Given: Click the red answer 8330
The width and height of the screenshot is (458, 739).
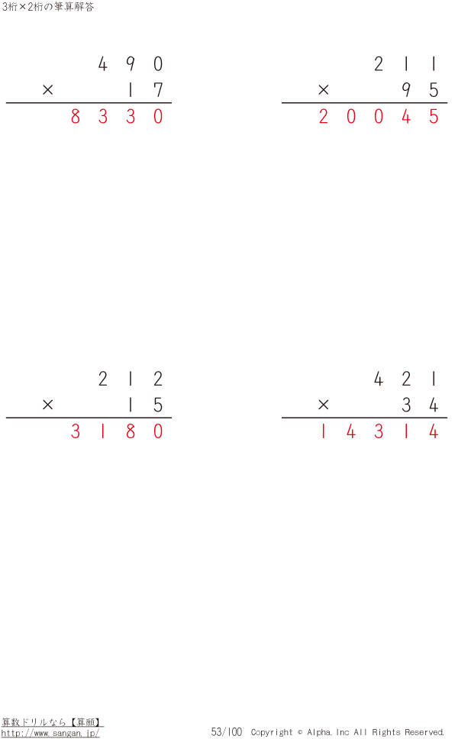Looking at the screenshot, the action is [117, 116].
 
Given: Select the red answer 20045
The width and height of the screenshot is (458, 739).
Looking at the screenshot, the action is [379, 116].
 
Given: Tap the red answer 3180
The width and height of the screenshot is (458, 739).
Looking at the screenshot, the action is [117, 431].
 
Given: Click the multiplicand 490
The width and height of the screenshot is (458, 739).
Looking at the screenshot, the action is [131, 63].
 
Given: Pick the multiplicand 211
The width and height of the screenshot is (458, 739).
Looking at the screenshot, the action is [405, 63].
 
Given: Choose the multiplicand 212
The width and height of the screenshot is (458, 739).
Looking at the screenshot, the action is [131, 379].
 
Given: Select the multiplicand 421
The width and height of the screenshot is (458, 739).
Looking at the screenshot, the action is [405, 379].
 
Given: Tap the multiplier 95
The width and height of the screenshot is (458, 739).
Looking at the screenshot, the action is [421, 90].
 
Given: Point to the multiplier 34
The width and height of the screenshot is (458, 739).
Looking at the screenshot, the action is [421, 405].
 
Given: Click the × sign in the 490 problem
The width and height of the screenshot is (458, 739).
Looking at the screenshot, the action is [47, 89].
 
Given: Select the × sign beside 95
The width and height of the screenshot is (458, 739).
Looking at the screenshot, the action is [323, 89].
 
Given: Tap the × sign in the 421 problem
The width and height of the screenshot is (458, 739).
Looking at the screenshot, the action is [323, 405].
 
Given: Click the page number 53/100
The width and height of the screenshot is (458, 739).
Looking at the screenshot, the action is [227, 731].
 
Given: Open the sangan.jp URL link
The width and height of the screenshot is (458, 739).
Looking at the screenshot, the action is [50, 734].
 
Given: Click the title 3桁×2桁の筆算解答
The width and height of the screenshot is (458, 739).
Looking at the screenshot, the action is [48, 7].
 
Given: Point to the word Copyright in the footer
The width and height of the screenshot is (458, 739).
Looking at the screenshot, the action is [272, 732].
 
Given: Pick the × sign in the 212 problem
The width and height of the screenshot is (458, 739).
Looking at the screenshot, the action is [47, 405].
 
